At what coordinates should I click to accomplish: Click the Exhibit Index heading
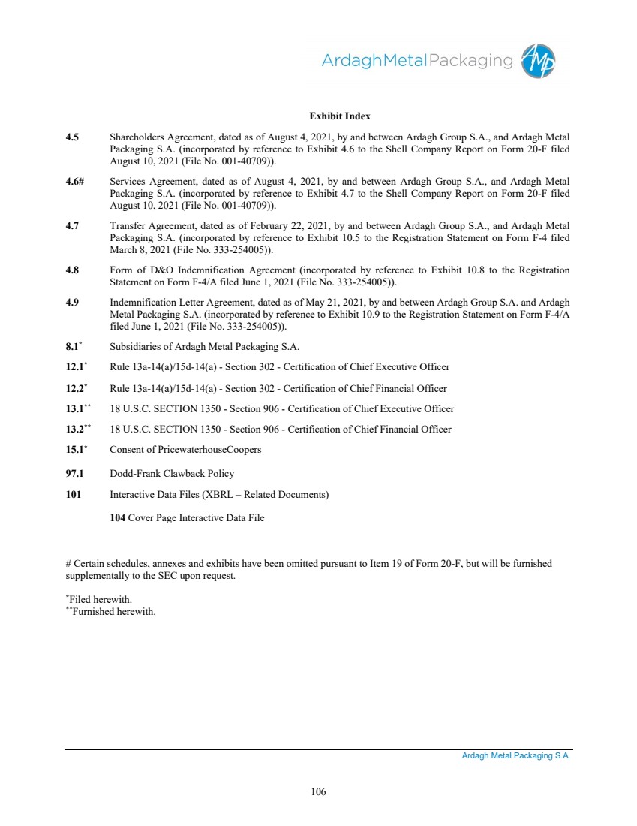pyautogui.click(x=340, y=116)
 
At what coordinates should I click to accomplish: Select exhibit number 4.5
pyautogui.click(x=72, y=137)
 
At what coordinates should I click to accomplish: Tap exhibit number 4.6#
pyautogui.click(x=74, y=182)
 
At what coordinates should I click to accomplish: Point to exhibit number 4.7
pyautogui.click(x=72, y=225)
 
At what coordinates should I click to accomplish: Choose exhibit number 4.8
pyautogui.click(x=72, y=270)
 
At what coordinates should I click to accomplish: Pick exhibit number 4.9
pyautogui.click(x=72, y=303)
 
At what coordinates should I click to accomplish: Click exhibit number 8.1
pyautogui.click(x=72, y=347)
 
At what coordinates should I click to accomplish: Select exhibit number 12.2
pyautogui.click(x=74, y=389)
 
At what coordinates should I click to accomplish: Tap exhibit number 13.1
pyautogui.click(x=76, y=409)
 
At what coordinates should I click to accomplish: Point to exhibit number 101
pyautogui.click(x=73, y=495)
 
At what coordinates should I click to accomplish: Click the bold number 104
pyautogui.click(x=118, y=518)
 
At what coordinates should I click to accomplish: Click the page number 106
pyautogui.click(x=318, y=791)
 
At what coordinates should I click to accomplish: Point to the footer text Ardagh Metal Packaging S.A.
pyautogui.click(x=516, y=757)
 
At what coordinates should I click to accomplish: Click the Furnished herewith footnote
pyautogui.click(x=113, y=612)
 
